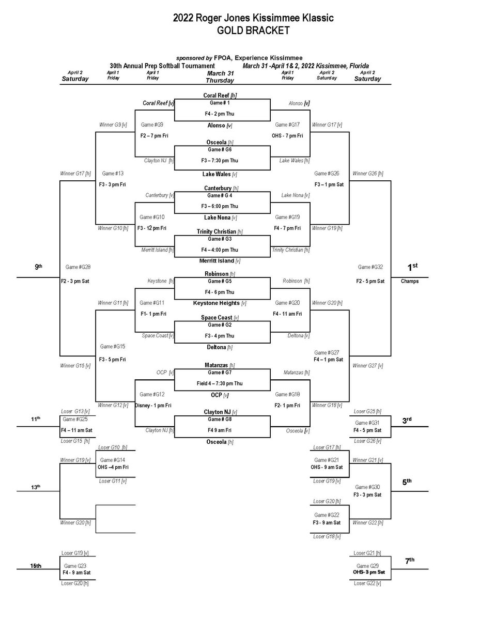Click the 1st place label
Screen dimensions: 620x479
point(411,267)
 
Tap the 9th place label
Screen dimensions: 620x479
point(38,267)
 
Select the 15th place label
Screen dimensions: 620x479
point(35,566)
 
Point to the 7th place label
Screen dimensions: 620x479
point(409,560)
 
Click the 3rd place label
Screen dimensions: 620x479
point(407,420)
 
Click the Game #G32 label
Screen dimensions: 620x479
point(370,267)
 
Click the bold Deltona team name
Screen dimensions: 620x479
point(221,347)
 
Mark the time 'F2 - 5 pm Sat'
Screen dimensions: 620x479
point(370,282)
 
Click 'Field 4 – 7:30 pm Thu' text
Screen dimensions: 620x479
point(222,383)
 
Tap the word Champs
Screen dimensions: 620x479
point(410,282)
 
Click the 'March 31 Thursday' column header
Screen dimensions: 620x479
point(220,76)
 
